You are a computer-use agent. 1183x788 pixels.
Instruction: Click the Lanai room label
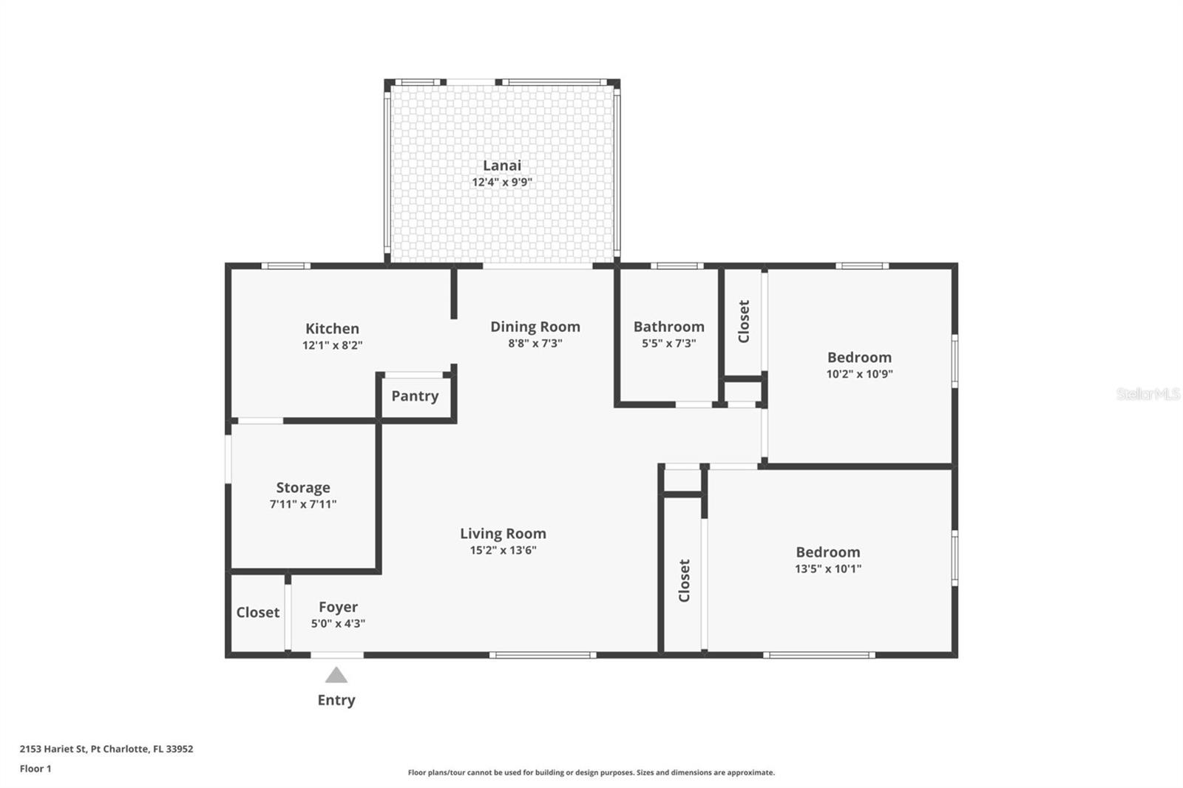(502, 166)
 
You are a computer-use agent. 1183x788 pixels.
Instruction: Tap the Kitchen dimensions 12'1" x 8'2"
(332, 345)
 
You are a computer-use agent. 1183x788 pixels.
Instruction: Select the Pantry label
(415, 396)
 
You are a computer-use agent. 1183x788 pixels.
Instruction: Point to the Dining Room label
(535, 327)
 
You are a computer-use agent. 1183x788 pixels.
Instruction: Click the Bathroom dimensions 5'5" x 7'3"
(668, 343)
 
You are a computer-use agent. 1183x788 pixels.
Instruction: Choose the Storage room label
(303, 488)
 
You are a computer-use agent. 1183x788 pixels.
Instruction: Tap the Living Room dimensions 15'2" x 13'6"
(503, 550)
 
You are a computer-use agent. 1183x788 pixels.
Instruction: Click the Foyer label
(338, 607)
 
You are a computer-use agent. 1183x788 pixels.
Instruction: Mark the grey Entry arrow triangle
(336, 675)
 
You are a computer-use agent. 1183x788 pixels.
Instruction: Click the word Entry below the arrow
(336, 700)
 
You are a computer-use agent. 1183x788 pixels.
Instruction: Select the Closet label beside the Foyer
(257, 613)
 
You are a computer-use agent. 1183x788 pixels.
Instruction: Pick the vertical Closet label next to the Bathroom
(744, 322)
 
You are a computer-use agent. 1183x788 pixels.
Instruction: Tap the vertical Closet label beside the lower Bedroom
(684, 580)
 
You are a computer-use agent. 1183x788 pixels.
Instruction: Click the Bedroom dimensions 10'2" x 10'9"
(859, 374)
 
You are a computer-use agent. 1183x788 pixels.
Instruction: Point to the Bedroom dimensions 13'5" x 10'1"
(827, 569)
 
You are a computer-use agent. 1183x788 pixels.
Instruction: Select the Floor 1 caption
(35, 769)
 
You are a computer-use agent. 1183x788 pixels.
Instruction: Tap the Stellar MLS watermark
(1148, 394)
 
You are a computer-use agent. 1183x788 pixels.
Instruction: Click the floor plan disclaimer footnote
(591, 772)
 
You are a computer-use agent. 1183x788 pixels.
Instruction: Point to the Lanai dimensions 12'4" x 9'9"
(502, 182)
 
